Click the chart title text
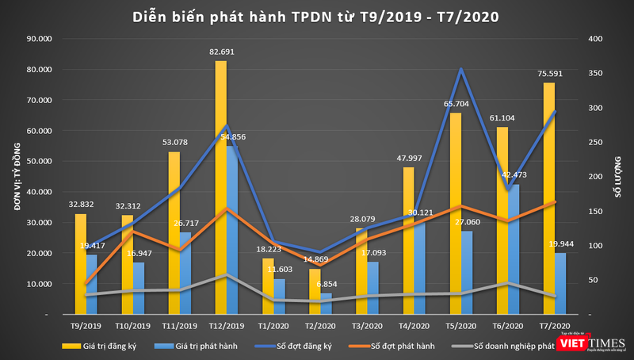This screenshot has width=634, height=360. (x=316, y=17)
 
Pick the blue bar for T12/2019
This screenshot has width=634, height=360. (x=231, y=230)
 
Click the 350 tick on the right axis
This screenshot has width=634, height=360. (x=596, y=73)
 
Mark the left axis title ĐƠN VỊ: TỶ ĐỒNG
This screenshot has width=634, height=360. (x=14, y=175)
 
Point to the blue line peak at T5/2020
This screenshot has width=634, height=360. (x=461, y=69)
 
